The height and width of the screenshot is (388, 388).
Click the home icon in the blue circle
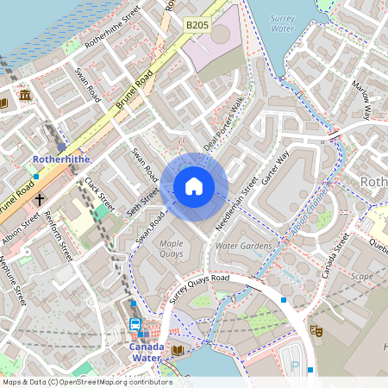pos(194,186)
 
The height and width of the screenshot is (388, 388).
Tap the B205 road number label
pos(197,27)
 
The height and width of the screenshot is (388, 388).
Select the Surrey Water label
pos(282,23)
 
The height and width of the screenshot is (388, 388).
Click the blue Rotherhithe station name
pos(56,160)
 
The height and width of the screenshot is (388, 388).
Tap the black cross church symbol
pos(39,198)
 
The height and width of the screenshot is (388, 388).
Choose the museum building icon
pos(25,94)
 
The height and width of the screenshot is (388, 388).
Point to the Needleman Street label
pos(237,205)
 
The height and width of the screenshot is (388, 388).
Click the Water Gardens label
pos(243,247)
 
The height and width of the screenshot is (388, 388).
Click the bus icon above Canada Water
pos(135,324)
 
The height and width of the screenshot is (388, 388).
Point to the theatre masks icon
pos(316,329)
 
